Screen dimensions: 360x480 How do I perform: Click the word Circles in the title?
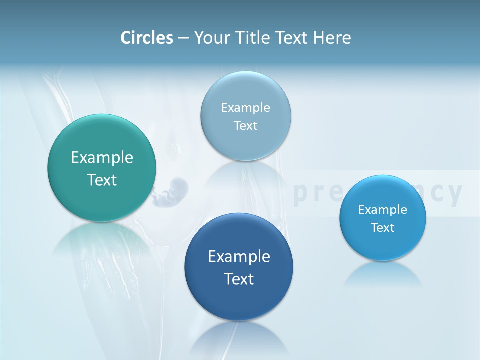tap(147, 37)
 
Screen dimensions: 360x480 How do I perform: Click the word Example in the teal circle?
tap(102, 158)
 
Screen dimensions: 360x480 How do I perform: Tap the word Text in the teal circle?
tap(102, 180)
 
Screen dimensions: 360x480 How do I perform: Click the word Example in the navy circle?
tap(239, 257)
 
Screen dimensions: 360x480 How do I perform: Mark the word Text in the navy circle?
tap(239, 279)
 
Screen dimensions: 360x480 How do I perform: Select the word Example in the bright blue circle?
tap(383, 210)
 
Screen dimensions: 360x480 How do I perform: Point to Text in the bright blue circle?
tap(383, 228)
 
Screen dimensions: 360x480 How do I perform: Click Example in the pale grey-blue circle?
tap(246, 108)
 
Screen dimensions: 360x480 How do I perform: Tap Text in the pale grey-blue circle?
tap(246, 126)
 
